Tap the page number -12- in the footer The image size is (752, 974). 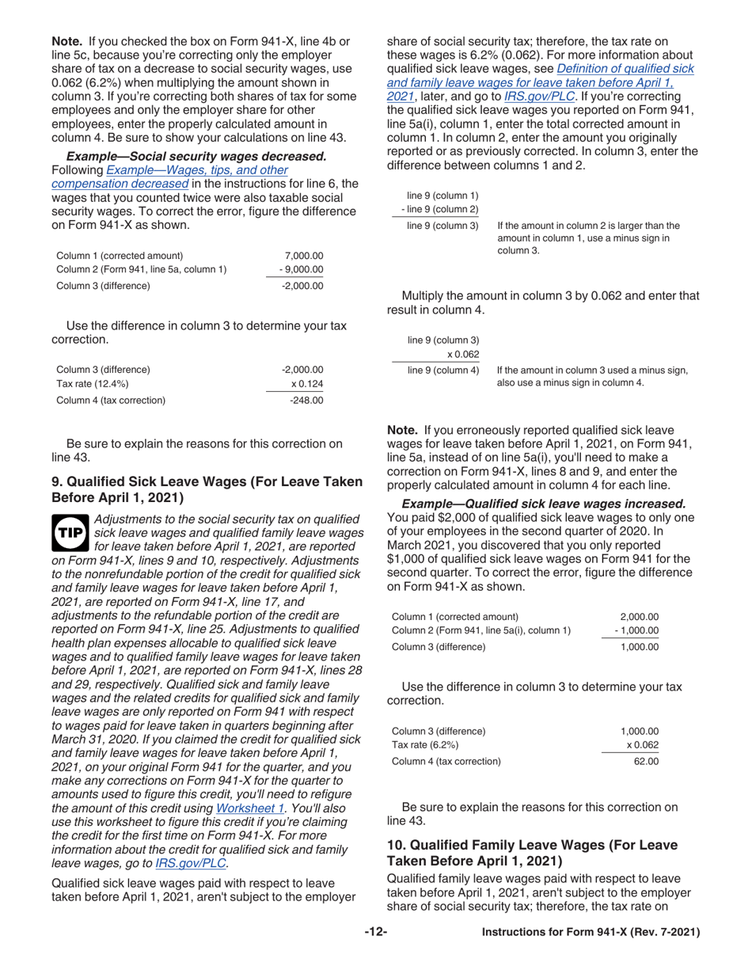[x=375, y=933]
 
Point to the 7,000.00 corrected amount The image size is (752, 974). [x=305, y=256]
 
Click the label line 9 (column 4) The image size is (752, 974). [x=442, y=370]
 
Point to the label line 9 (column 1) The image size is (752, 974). [x=442, y=196]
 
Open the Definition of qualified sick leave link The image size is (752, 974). [x=625, y=69]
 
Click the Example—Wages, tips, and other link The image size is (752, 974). [x=197, y=170]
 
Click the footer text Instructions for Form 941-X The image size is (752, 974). [x=591, y=933]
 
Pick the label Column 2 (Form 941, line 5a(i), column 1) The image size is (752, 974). [x=481, y=630]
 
